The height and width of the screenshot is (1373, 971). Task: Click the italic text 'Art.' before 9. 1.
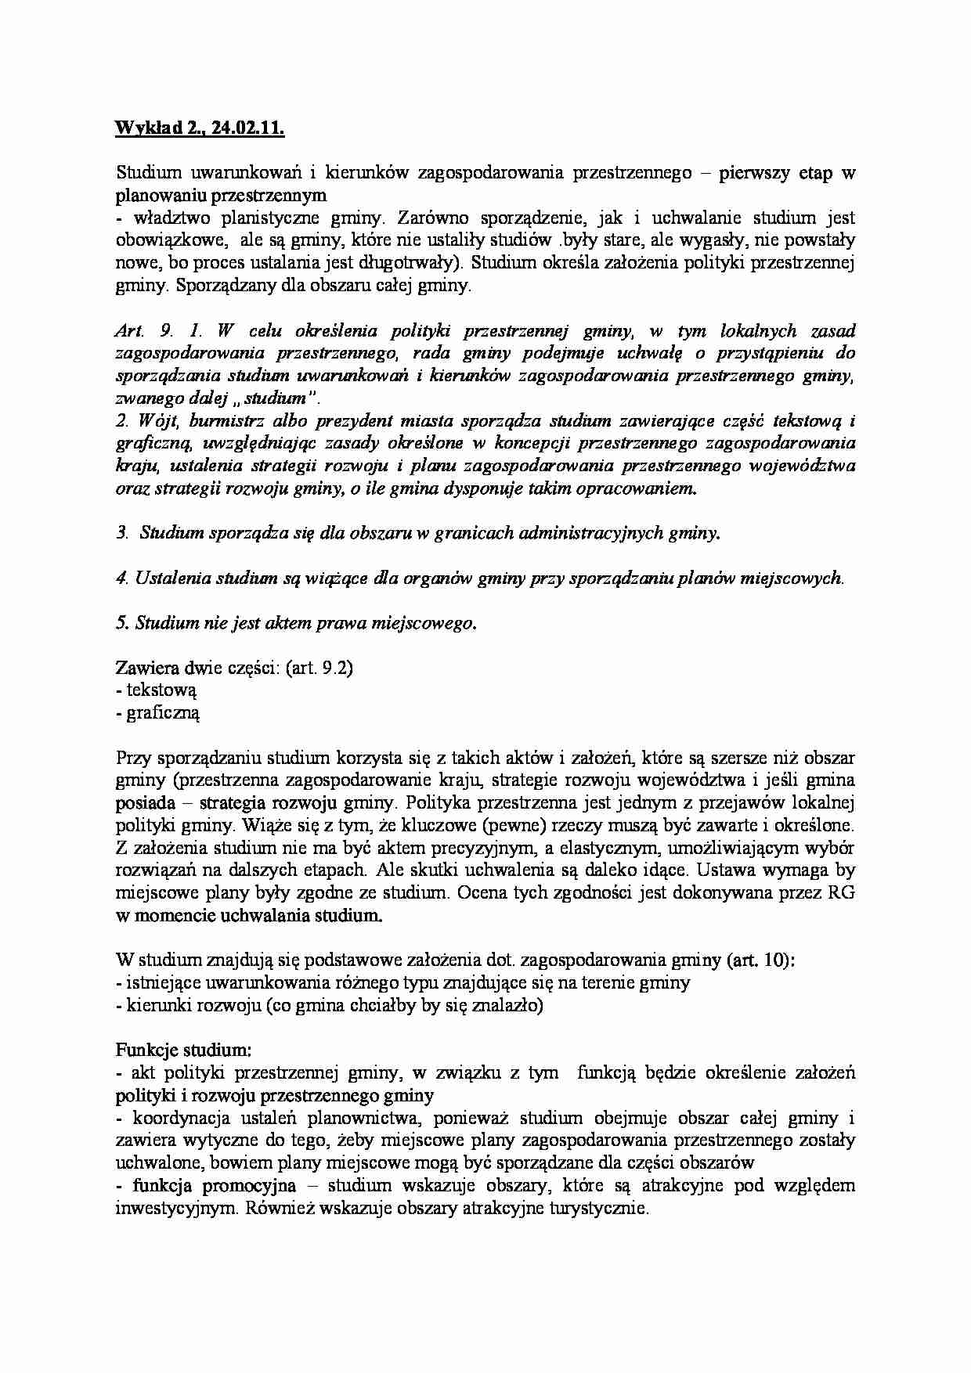[x=127, y=330]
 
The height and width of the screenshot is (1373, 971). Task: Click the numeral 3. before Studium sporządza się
[x=121, y=533]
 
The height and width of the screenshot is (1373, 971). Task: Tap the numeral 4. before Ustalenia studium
[x=121, y=578]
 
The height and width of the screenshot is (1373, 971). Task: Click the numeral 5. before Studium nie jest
[x=121, y=623]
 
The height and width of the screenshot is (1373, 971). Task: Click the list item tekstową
[x=161, y=690]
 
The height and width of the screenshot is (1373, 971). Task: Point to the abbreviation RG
[x=841, y=892]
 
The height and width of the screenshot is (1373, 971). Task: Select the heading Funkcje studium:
[x=183, y=1049]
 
